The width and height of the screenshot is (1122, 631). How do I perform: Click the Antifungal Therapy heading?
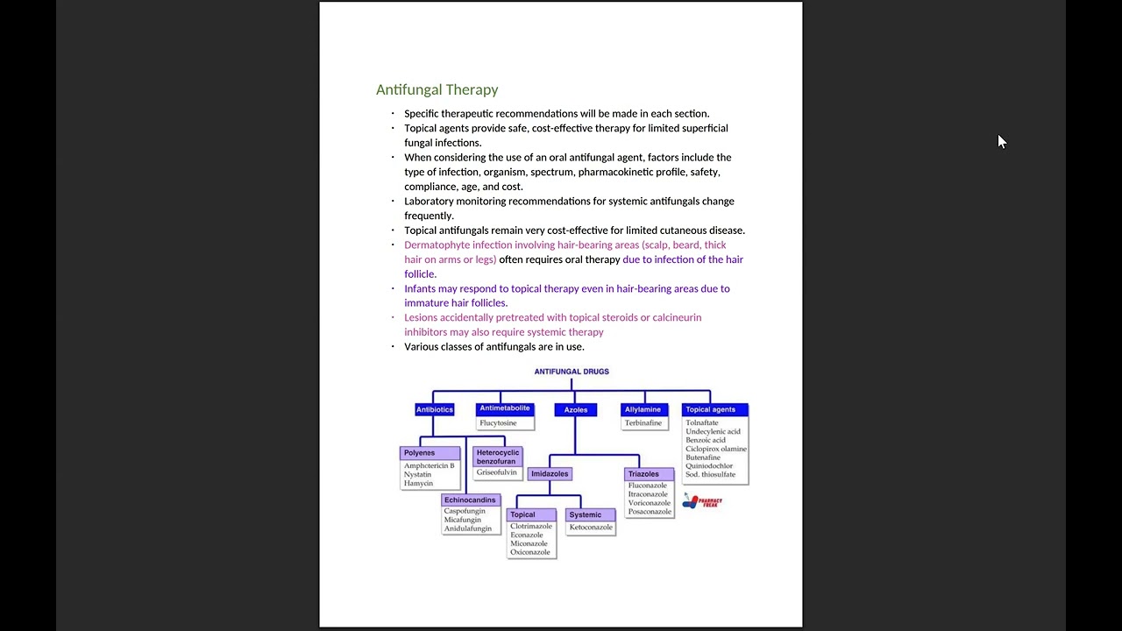coord(437,89)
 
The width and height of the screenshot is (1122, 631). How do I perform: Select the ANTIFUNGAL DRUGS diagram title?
coord(572,372)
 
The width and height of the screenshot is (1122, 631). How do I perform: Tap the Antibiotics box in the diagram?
coord(435,409)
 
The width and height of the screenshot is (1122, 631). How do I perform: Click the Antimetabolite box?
coord(504,408)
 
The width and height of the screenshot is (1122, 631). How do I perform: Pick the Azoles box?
coord(576,410)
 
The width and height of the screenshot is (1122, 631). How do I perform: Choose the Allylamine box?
coord(643,409)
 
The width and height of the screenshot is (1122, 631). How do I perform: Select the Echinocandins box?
coord(471,500)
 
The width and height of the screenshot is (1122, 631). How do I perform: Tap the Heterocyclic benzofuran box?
coord(497,457)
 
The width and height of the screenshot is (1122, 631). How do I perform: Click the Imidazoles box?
coord(550,474)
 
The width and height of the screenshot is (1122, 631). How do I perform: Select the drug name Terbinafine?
coord(643,423)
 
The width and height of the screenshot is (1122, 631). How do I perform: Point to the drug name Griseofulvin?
coord(497,472)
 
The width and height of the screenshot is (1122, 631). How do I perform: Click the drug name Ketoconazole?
coord(591,528)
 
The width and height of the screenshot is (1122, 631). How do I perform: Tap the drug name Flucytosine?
coord(498,423)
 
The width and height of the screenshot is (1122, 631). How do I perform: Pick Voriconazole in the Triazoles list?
coord(650,503)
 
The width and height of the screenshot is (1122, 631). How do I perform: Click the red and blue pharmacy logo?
coord(702,501)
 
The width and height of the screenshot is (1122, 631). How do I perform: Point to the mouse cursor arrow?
coord(1002,141)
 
